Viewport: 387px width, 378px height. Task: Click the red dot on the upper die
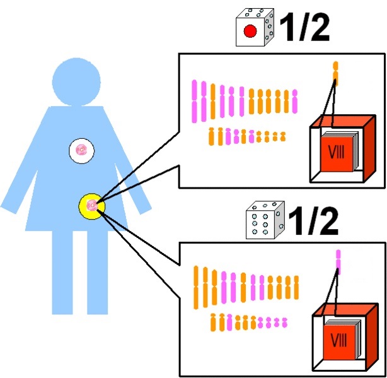[x=250, y=31]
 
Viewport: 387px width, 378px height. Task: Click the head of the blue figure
[x=76, y=82]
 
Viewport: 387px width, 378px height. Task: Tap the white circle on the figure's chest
[x=81, y=150]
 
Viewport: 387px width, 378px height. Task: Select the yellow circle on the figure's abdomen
[x=92, y=206]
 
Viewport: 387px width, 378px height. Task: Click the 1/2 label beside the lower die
[x=313, y=221]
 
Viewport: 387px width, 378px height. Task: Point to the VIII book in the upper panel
[x=337, y=153]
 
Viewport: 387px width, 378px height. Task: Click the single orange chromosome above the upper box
[x=335, y=73]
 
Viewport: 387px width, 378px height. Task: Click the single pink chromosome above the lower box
[x=338, y=262]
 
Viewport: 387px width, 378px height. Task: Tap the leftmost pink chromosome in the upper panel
[x=195, y=101]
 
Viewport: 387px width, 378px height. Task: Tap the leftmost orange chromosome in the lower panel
[x=196, y=287]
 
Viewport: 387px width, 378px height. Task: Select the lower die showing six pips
[x=265, y=220]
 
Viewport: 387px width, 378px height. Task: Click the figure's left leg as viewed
[x=62, y=272]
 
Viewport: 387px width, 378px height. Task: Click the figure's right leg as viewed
[x=98, y=272]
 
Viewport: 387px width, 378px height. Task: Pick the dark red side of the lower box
[x=373, y=336]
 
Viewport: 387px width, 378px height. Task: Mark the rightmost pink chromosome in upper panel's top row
[x=295, y=102]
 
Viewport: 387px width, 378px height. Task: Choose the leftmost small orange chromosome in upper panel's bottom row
[x=211, y=136]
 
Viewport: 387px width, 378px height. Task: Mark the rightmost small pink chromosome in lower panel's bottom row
[x=284, y=322]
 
